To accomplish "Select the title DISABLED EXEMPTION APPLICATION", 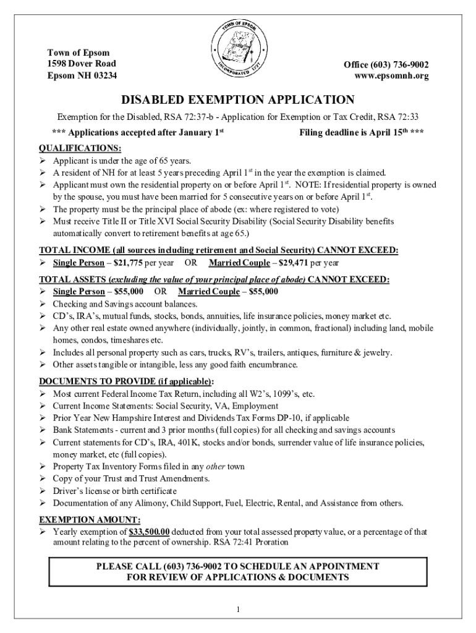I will click(x=237, y=100).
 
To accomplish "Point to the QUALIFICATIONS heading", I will click(x=80, y=148).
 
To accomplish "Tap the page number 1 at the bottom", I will click(x=238, y=610).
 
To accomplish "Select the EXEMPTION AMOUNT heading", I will click(x=90, y=520).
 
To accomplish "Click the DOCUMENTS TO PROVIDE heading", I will click(x=127, y=381).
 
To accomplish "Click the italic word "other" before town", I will click(x=216, y=467).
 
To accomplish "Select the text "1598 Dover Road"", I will click(x=82, y=64).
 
